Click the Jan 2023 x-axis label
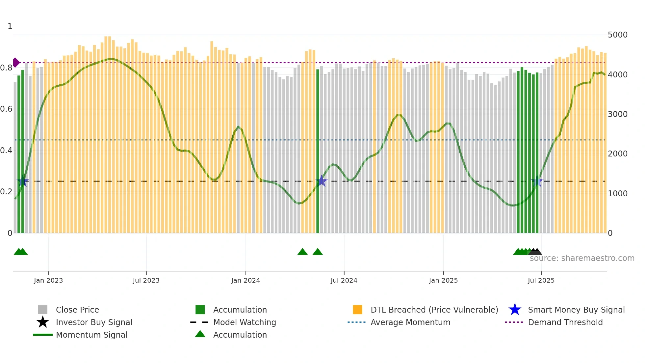tap(48, 280)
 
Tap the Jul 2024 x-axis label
tap(344, 280)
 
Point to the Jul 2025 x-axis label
tap(541, 280)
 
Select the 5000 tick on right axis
tap(618, 35)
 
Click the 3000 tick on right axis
tap(618, 114)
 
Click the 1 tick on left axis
tap(10, 26)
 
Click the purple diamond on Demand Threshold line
tap(16, 62)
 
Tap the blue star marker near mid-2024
tap(322, 181)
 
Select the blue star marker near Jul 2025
tap(537, 181)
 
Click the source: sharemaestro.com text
tap(582, 258)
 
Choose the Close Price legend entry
tap(77, 310)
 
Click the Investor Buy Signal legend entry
tap(94, 322)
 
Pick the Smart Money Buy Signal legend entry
tap(576, 310)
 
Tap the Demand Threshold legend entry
tap(565, 322)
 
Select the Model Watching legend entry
tap(244, 322)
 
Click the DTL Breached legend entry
tap(434, 310)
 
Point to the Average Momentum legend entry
tap(410, 322)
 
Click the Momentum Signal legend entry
tap(91, 335)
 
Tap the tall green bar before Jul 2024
tap(318, 152)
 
